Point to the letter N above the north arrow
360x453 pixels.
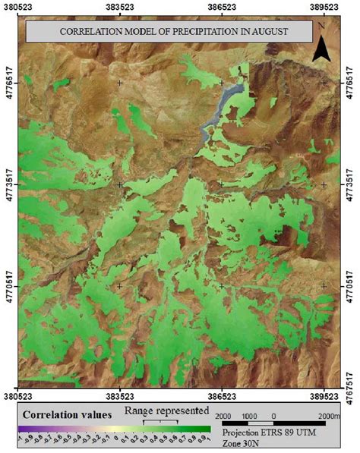(323, 26)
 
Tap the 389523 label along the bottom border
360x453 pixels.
(324, 395)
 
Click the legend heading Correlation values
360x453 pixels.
(68, 415)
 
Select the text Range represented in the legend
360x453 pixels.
(168, 411)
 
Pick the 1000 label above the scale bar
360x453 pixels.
(251, 417)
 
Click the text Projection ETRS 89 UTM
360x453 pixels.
(264, 433)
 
